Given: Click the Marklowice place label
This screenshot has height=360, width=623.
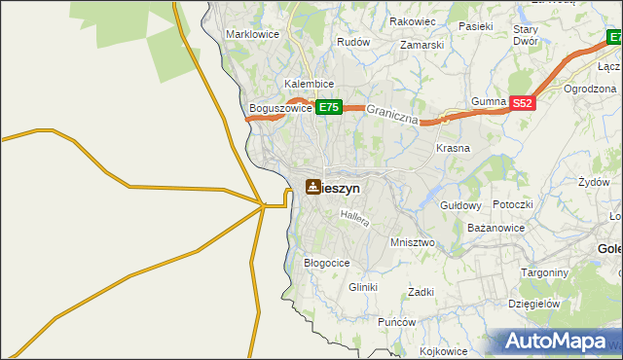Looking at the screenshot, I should pyautogui.click(x=253, y=34).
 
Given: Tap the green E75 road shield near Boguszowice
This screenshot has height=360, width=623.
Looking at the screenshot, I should pyautogui.click(x=327, y=108).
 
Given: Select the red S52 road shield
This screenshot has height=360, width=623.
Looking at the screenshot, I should pyautogui.click(x=523, y=102).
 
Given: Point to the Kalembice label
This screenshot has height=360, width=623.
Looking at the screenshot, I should pyautogui.click(x=311, y=85).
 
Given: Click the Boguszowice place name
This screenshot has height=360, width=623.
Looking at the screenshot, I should pyautogui.click(x=280, y=108).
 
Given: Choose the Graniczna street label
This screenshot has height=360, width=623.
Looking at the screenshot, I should pyautogui.click(x=393, y=117).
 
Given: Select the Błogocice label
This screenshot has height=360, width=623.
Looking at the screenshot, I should pyautogui.click(x=327, y=263).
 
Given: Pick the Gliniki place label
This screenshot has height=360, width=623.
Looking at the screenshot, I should pyautogui.click(x=362, y=288).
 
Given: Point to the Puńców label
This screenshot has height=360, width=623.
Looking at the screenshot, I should pyautogui.click(x=396, y=322).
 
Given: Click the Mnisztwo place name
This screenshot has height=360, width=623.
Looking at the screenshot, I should pyautogui.click(x=412, y=242).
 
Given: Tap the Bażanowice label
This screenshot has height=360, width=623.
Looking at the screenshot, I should pyautogui.click(x=496, y=228).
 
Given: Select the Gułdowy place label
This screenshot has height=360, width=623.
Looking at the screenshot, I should pyautogui.click(x=461, y=206).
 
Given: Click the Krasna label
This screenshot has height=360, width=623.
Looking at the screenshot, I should pyautogui.click(x=454, y=149).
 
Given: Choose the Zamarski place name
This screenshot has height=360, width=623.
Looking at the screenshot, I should pyautogui.click(x=421, y=45).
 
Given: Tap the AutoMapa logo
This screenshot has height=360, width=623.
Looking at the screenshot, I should pyautogui.click(x=556, y=342).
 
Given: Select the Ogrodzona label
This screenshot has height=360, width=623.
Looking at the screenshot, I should pyautogui.click(x=591, y=89).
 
